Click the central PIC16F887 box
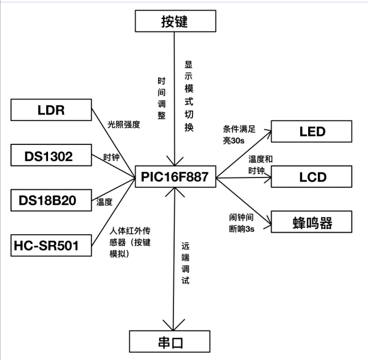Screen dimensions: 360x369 pos(176,178)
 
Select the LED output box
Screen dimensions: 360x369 pos(312,131)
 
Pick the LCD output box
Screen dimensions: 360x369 pos(312,177)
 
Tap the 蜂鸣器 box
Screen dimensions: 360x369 pos(312,221)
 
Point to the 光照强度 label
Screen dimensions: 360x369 pos(123,124)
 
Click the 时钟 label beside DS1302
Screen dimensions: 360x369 pos(111,157)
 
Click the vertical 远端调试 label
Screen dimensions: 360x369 pos(185,264)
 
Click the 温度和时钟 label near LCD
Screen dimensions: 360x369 pos(261,164)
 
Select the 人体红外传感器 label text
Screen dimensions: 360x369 pos(128,242)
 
